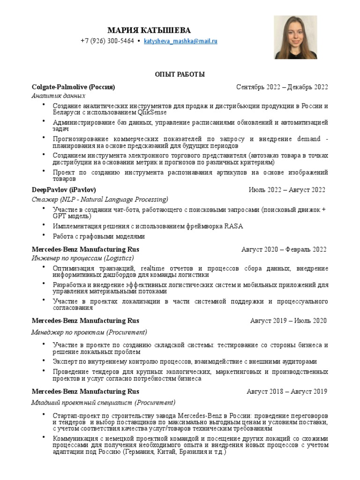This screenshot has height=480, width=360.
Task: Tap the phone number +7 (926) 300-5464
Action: click(x=107, y=41)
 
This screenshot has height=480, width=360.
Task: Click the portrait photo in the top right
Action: click(x=295, y=37)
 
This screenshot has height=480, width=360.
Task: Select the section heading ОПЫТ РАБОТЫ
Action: click(x=180, y=75)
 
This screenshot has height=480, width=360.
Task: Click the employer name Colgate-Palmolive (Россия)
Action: click(x=73, y=87)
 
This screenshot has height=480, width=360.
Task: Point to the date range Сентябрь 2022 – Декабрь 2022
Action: click(x=282, y=87)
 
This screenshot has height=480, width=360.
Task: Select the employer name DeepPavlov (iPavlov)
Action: click(x=64, y=190)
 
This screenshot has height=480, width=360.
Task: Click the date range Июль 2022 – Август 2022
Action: click(x=286, y=190)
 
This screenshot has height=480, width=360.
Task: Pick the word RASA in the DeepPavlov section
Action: click(x=234, y=226)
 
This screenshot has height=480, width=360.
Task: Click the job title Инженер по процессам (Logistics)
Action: click(x=82, y=258)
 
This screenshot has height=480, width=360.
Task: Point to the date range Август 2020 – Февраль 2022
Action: click(x=284, y=249)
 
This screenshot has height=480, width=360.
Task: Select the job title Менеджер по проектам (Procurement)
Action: click(x=89, y=332)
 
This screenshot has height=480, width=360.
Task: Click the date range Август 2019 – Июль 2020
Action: click(x=288, y=321)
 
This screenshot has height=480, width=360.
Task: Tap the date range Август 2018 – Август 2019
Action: click(x=287, y=391)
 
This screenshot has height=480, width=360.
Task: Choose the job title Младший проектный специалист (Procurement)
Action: click(x=103, y=402)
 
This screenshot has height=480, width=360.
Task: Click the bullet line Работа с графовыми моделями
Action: click(x=99, y=236)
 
